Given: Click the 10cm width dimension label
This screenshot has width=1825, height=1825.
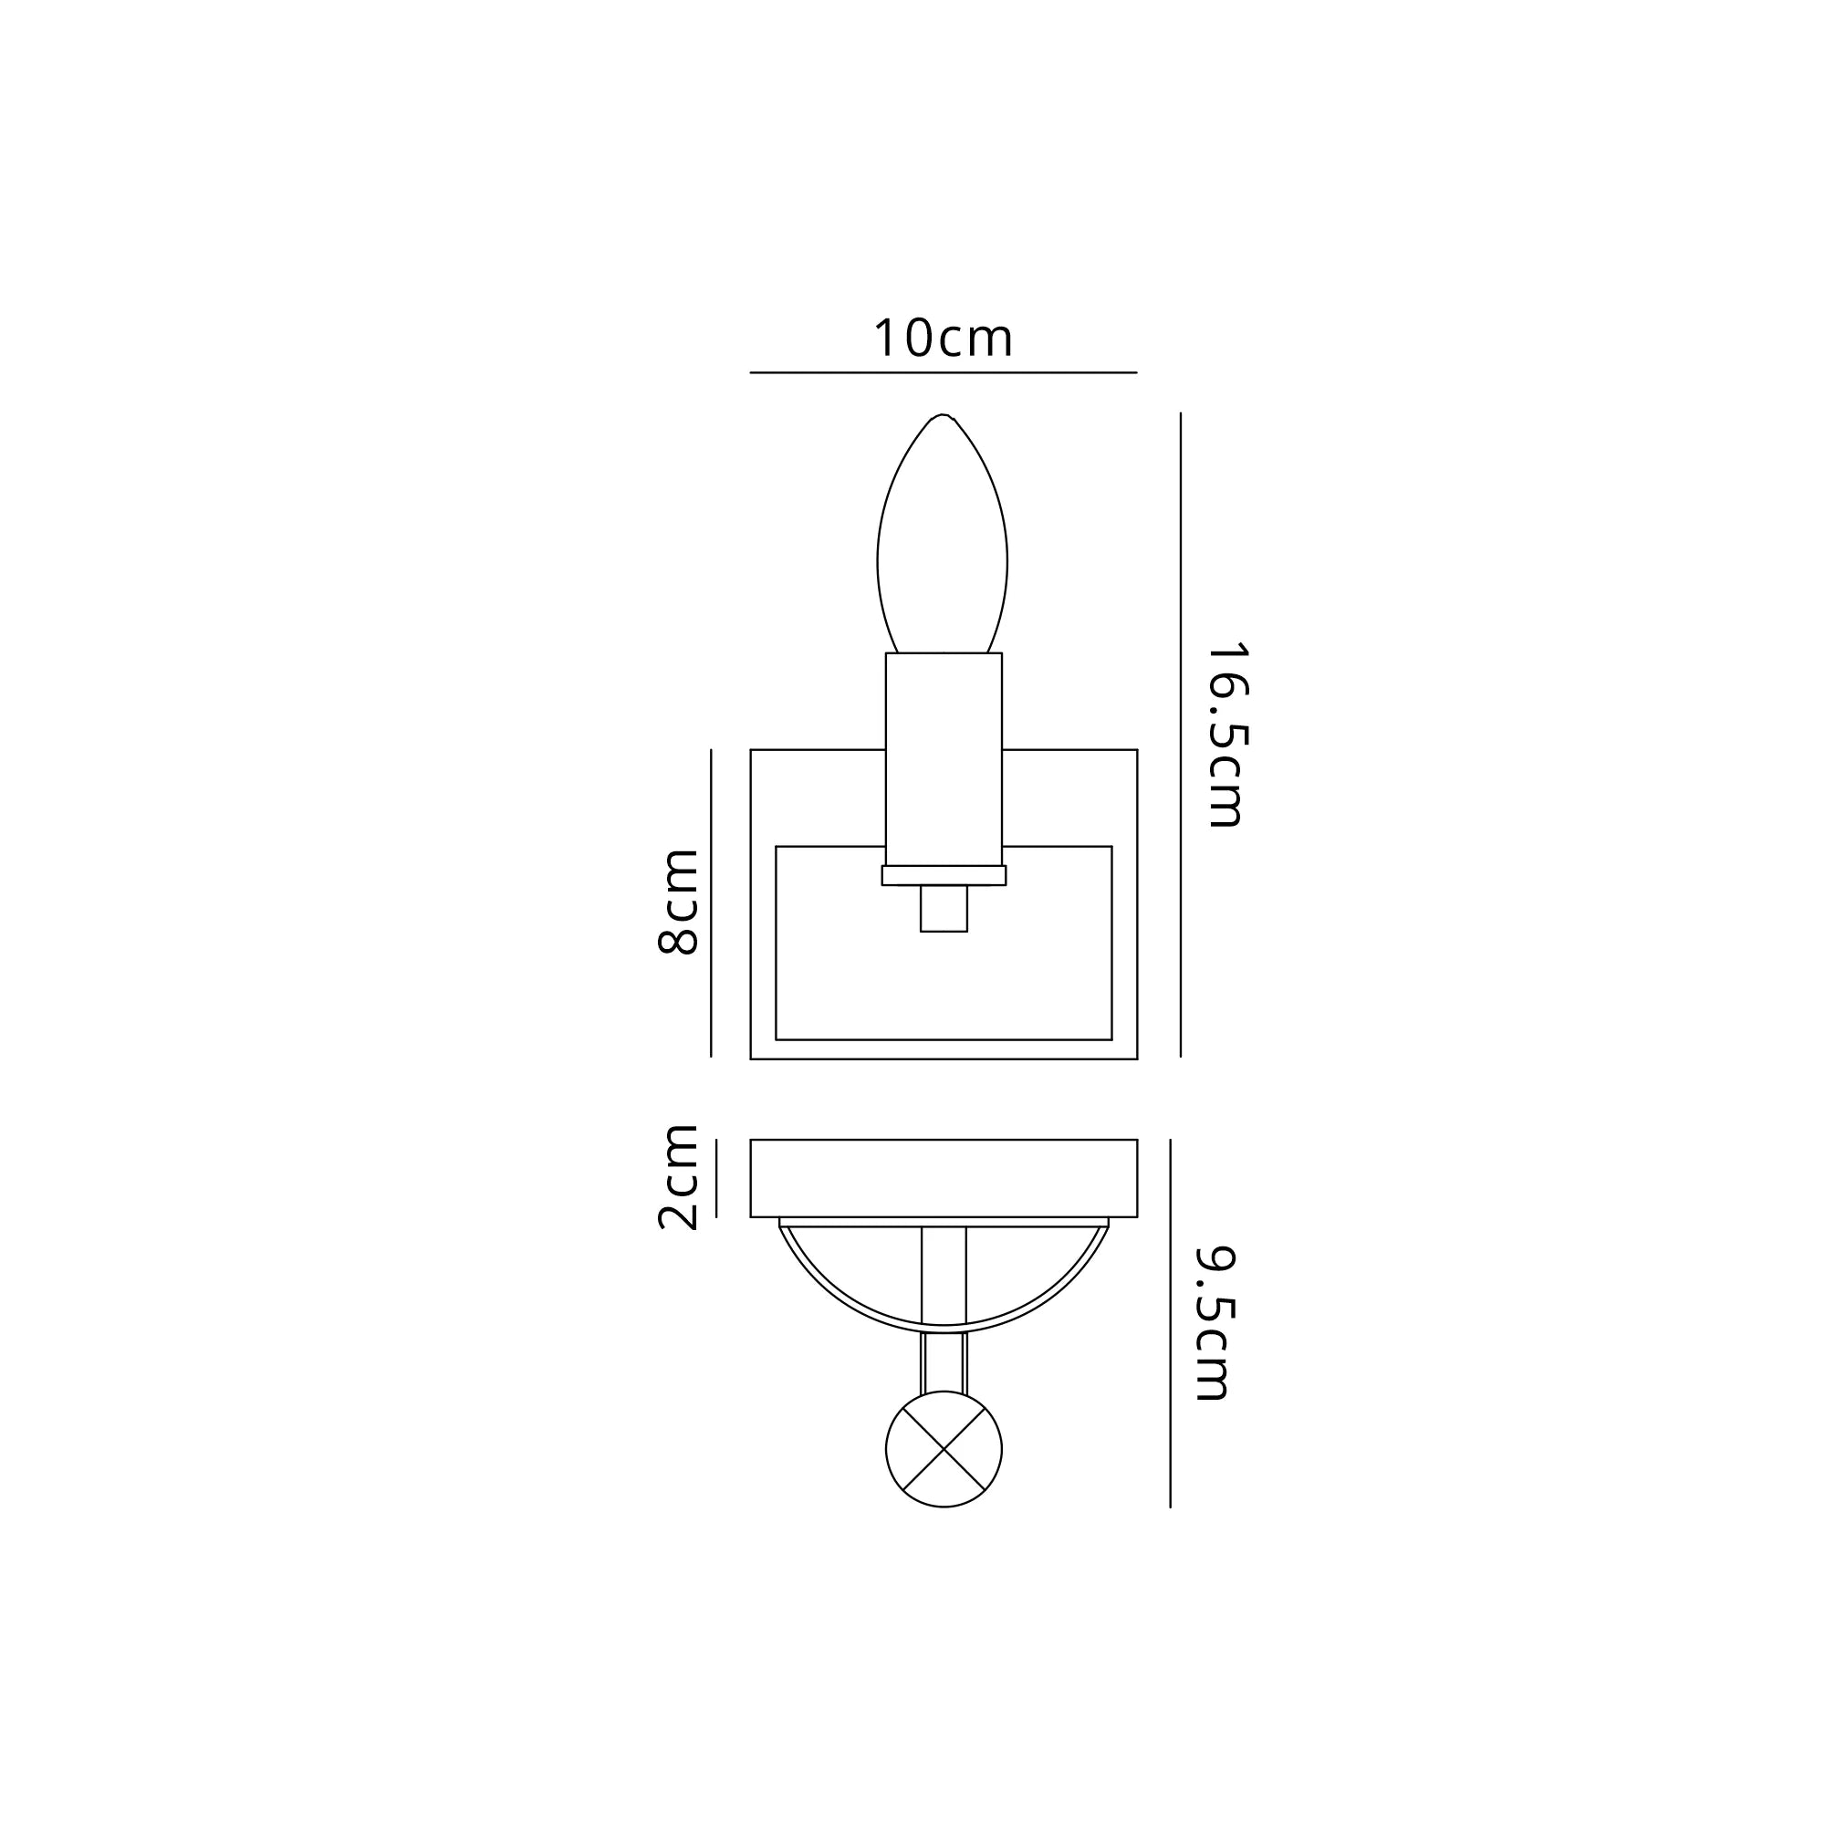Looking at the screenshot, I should (943, 339).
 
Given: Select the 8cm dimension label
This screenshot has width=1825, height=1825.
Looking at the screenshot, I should (677, 902).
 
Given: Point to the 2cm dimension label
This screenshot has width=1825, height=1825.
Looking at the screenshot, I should (677, 1178).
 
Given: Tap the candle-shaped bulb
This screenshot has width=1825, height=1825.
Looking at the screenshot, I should (942, 547).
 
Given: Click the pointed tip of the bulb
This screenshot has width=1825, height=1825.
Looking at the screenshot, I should (942, 417).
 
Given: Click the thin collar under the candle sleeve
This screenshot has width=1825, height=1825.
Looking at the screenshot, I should (943, 876).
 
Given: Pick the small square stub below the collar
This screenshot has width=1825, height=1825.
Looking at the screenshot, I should (944, 909).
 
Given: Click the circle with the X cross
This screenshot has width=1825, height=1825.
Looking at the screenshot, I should (944, 1449).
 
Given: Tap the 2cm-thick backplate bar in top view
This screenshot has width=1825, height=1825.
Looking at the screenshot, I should (943, 1178).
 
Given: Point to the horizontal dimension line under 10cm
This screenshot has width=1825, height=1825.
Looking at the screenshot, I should (943, 373).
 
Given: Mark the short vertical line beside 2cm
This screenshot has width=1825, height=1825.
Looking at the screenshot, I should (716, 1178).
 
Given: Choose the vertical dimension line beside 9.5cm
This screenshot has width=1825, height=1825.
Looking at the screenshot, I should (1171, 1322).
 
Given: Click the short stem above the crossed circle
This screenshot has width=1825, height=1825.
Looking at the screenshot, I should (944, 1362).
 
